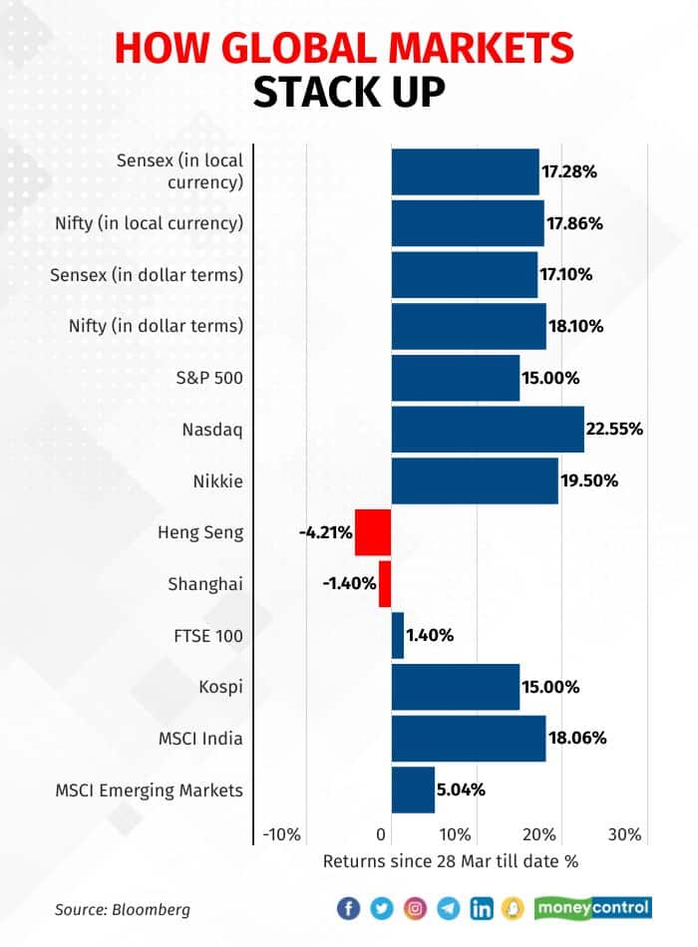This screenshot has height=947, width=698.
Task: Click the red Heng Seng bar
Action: pos(373,532)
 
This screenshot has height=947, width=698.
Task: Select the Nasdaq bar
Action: pos(488,429)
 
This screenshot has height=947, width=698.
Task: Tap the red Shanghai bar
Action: pos(385,583)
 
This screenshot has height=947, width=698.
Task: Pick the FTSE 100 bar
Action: pos(398,635)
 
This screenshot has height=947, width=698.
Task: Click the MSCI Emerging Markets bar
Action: pos(413,789)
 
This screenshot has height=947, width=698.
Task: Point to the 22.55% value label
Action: pos(615,430)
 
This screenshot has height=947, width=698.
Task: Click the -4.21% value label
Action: pos(325,532)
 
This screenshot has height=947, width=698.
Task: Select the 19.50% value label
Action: pos(589,480)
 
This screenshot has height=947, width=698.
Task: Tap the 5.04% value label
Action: pos(462,790)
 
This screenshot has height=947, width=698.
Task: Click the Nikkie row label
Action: pos(218,481)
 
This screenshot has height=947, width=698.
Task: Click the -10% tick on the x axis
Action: pos(281,833)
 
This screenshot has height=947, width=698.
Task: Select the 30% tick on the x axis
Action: pos(624,833)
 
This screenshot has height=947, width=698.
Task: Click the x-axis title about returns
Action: pos(451,859)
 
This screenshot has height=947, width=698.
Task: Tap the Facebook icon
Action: pos(348,908)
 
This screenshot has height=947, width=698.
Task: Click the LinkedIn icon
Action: pos(482,908)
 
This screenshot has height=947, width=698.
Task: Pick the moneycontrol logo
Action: pos(592,907)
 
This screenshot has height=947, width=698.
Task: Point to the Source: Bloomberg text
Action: pos(123,909)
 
